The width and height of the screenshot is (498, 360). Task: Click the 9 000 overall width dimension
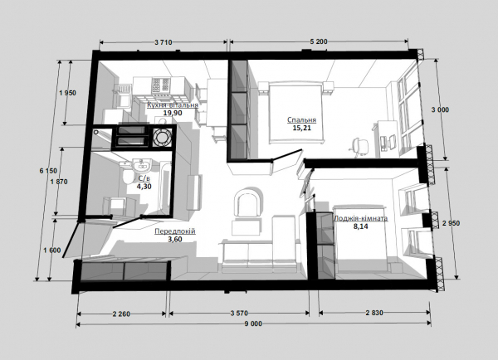point(253,324)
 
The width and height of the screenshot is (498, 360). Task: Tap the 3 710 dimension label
point(164,42)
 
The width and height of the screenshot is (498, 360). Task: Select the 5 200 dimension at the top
point(319,41)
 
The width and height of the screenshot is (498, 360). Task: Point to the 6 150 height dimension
point(48,171)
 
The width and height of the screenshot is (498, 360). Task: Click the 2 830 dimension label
point(374,313)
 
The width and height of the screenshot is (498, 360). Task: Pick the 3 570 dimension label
point(239,314)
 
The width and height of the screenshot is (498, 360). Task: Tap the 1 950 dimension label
point(68,93)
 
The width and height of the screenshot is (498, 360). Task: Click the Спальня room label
point(302,120)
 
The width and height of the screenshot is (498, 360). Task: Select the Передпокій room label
point(175,231)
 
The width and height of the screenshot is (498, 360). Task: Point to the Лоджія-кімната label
point(360,219)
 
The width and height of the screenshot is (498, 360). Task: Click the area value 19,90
point(173,113)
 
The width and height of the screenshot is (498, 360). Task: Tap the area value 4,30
point(144,187)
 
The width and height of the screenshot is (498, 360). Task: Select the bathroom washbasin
point(142,165)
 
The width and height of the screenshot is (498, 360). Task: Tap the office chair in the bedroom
point(360,147)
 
